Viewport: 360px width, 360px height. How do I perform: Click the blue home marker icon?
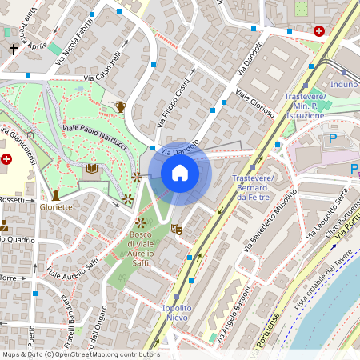(180, 173)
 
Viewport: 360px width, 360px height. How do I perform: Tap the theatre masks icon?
(177, 230)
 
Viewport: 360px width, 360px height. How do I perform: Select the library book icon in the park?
(92, 169)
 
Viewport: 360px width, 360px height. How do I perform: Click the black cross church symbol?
(14, 49)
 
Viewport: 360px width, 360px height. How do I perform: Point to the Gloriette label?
(56, 206)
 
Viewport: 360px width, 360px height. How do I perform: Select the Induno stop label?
(343, 83)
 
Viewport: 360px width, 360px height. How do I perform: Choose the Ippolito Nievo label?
(176, 313)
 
